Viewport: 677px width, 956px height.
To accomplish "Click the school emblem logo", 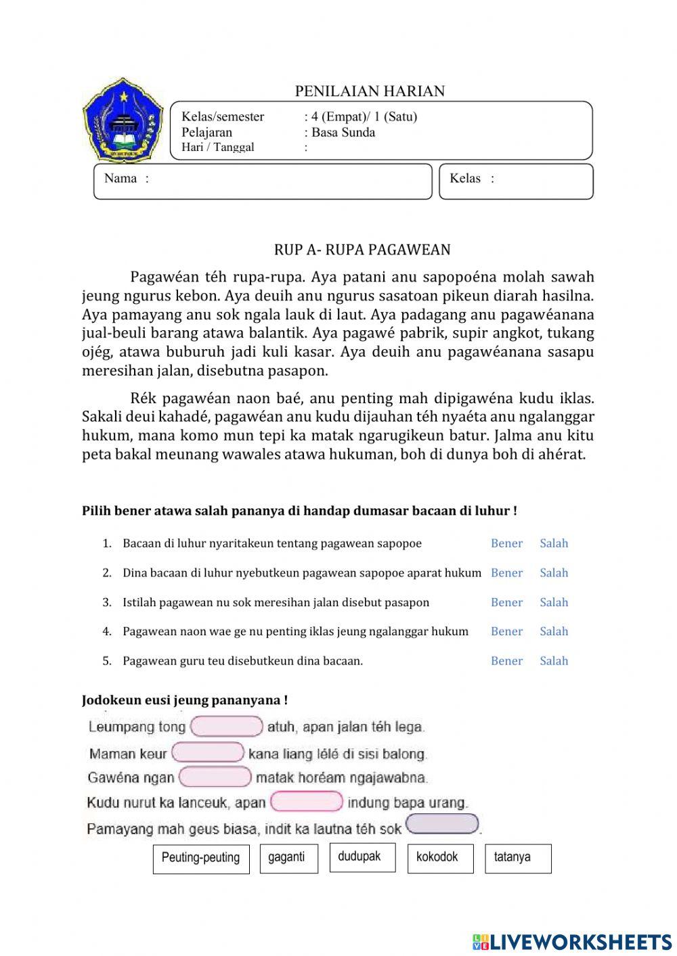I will [123, 120].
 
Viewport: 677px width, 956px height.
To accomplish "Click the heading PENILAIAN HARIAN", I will [370, 91].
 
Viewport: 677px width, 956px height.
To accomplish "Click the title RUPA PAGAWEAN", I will [362, 250].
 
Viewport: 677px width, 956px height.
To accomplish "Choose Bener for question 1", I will [506, 543].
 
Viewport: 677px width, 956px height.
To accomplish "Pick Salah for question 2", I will [554, 573].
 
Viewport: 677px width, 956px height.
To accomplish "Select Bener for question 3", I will [506, 602].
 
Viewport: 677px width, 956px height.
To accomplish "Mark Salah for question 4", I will [554, 631].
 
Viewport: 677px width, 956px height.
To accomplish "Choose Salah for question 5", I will [554, 661].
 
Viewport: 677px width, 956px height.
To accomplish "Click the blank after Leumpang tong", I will [227, 727].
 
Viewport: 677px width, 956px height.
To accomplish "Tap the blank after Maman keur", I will [208, 752].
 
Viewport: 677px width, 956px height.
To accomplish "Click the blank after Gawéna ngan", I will [215, 777].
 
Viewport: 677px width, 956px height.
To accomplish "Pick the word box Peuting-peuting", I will [201, 859].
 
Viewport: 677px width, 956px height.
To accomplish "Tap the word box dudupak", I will [362, 857].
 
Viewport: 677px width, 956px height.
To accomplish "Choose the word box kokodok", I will [440, 859].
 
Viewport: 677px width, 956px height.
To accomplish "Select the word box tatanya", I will [518, 859].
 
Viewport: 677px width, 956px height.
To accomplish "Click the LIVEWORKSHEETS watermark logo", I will [572, 941].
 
